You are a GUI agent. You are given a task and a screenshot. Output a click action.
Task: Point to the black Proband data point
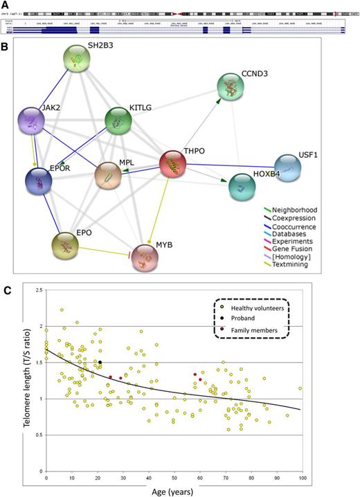coord(100,362)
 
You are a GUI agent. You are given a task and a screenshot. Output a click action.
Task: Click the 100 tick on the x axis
coord(300,479)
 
